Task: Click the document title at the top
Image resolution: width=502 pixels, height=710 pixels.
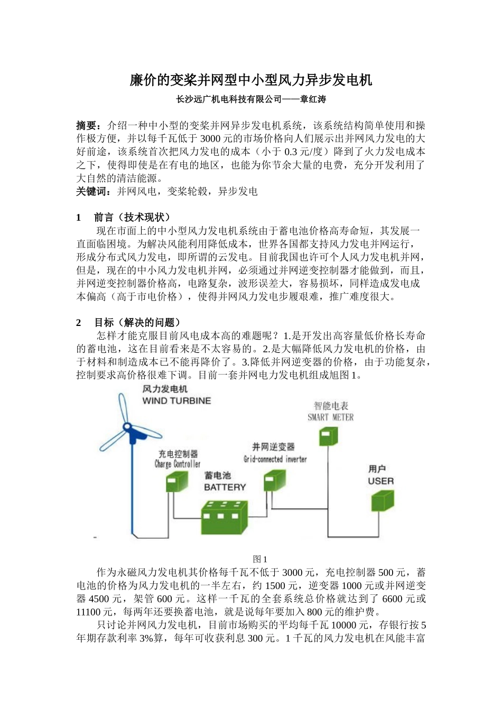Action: click(251, 80)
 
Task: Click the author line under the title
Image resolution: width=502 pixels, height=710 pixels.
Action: click(251, 99)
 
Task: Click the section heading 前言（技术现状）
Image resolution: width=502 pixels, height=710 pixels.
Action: click(132, 217)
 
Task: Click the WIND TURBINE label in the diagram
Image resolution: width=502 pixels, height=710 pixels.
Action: click(176, 401)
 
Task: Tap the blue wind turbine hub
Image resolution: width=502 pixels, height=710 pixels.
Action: click(128, 427)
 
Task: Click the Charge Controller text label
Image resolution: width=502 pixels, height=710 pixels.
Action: click(178, 464)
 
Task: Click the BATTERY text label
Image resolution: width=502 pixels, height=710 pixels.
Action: click(225, 487)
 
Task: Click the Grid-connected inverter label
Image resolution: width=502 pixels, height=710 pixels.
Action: click(275, 459)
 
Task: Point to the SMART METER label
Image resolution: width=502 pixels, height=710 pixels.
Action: click(331, 417)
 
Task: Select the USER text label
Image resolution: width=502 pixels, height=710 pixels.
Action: click(380, 481)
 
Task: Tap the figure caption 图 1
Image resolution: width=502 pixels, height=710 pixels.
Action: click(260, 559)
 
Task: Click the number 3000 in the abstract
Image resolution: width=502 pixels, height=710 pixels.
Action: click(210, 139)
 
